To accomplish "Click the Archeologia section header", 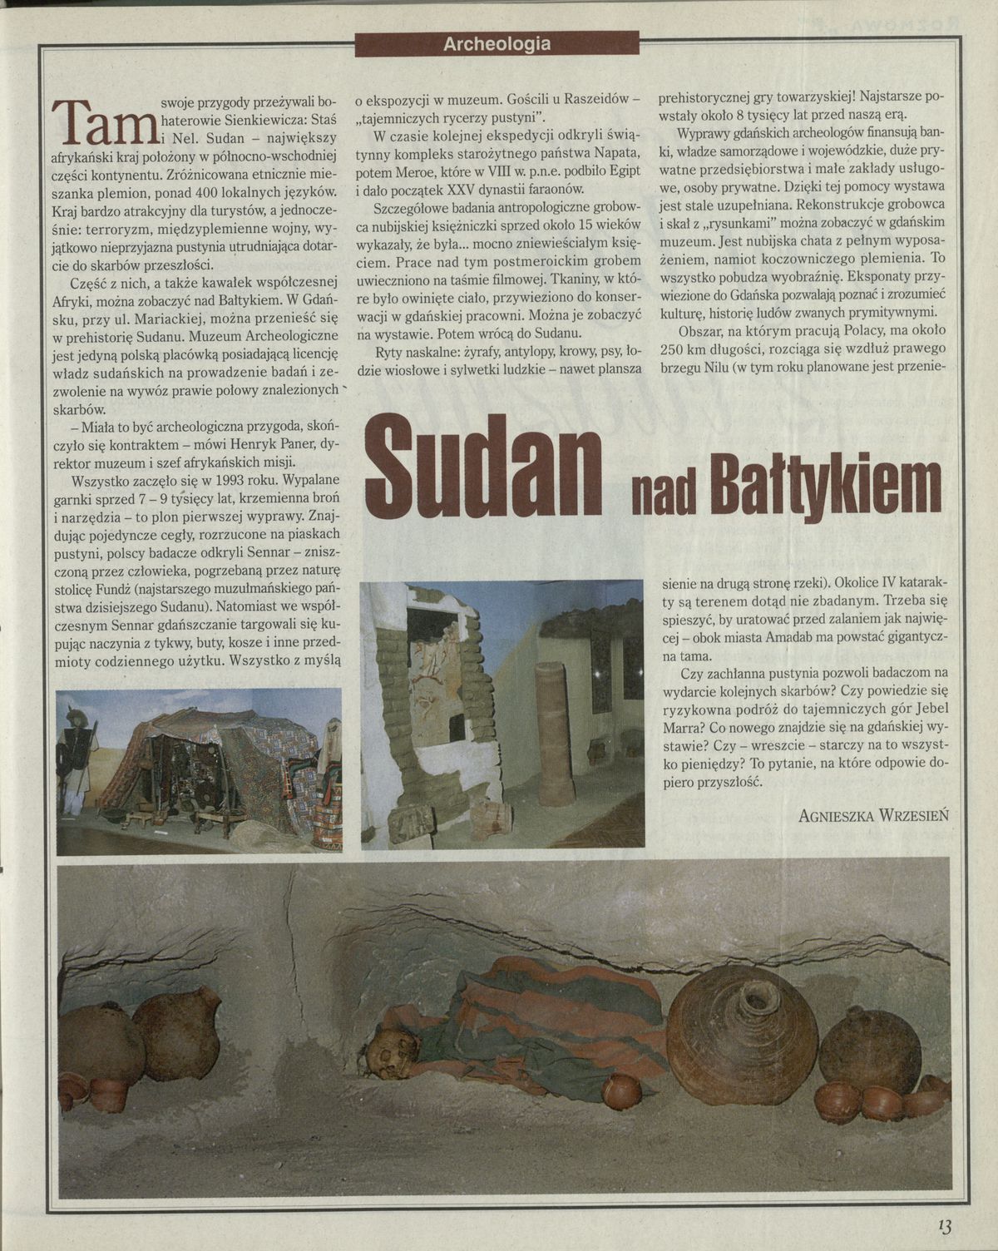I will [497, 44].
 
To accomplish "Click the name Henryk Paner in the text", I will [262, 442].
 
